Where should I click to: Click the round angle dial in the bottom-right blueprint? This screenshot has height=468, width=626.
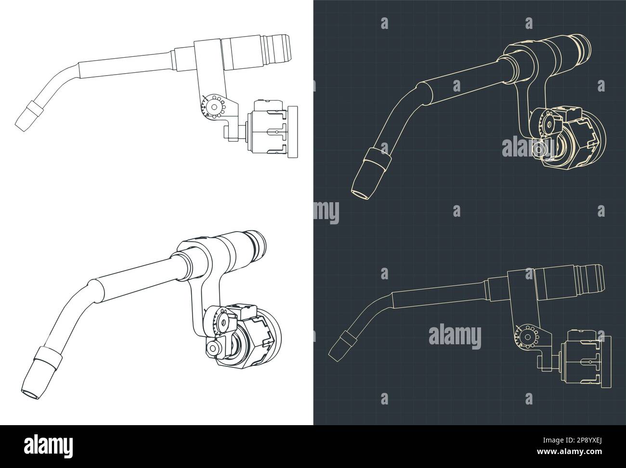click(524, 337)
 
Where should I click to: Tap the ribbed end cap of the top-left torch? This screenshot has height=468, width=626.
click(278, 47)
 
